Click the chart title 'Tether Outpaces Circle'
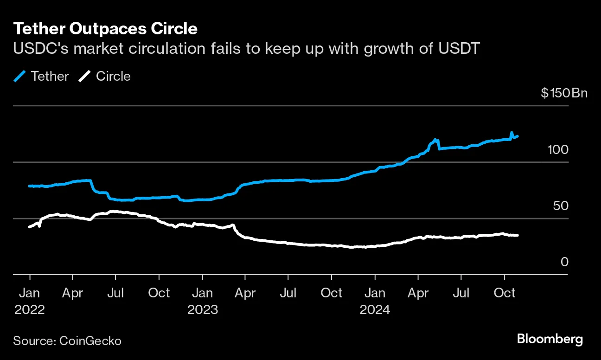pyautogui.click(x=105, y=29)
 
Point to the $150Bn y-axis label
pyautogui.click(x=564, y=93)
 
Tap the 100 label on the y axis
pyautogui.click(x=558, y=150)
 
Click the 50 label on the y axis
pyautogui.click(x=561, y=206)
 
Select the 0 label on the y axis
pyautogui.click(x=564, y=262)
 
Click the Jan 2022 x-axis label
pyautogui.click(x=30, y=301)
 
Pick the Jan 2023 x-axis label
pyautogui.click(x=202, y=301)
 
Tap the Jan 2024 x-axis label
pyautogui.click(x=375, y=301)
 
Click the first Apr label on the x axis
pyautogui.click(x=73, y=293)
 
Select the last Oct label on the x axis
pyautogui.click(x=505, y=293)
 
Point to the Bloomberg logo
pyautogui.click(x=550, y=339)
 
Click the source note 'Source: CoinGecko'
pyautogui.click(x=67, y=341)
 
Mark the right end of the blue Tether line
pyautogui.click(x=518, y=136)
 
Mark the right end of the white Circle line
pyautogui.click(x=518, y=235)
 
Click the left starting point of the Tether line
pyautogui.click(x=30, y=186)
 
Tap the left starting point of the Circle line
pyautogui.click(x=30, y=227)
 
